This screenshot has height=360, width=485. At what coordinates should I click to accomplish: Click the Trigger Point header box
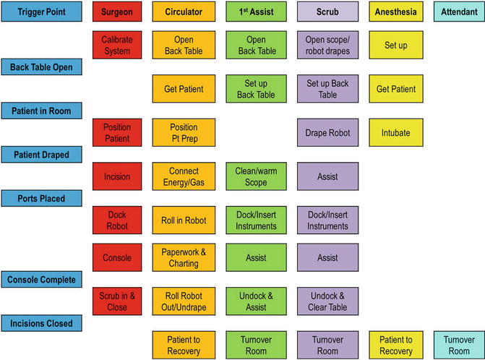point(42,12)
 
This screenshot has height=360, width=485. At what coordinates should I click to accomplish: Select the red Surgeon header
point(116,12)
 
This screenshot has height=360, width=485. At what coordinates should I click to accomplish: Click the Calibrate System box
point(116,45)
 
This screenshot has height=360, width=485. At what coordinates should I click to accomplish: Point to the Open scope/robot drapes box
point(327,45)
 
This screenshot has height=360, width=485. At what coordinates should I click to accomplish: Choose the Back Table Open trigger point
point(42,67)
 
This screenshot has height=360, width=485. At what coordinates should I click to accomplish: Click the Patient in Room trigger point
point(42,111)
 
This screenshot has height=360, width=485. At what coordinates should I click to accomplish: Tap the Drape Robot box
point(327,132)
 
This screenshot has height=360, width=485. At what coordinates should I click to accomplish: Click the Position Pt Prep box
point(183,132)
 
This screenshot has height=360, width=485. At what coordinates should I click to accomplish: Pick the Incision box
point(116,176)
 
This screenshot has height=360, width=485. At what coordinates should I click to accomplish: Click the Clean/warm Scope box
point(256,176)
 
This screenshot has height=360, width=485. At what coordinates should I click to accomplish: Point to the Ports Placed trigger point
point(42,198)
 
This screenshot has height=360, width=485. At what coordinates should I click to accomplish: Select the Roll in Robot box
point(183,220)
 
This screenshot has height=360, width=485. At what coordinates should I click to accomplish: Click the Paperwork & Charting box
point(183,257)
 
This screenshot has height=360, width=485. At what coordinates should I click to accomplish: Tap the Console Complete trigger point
point(42,280)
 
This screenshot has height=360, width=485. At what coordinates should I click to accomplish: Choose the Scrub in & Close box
point(116,301)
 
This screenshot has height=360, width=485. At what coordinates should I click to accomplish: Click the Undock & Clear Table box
point(327,301)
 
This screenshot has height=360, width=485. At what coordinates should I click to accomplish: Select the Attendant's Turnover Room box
point(458,345)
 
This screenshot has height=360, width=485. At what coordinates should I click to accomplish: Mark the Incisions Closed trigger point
point(42,323)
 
